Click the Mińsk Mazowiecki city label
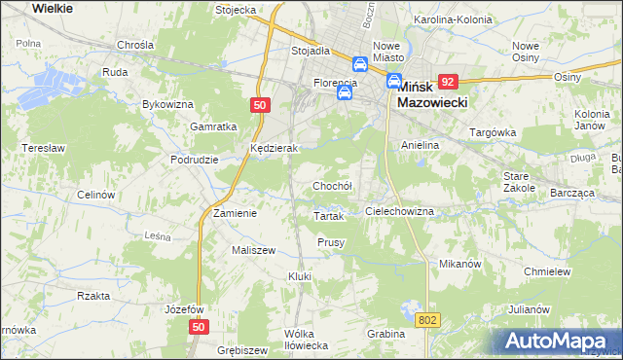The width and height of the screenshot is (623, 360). point(434,92)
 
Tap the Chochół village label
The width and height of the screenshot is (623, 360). point(331,186)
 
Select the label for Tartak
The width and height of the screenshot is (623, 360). point(329,217)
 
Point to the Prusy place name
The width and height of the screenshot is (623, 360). point(331,242)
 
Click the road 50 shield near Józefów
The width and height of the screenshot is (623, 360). point(199,329)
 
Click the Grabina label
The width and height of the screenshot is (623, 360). point(386,334)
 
